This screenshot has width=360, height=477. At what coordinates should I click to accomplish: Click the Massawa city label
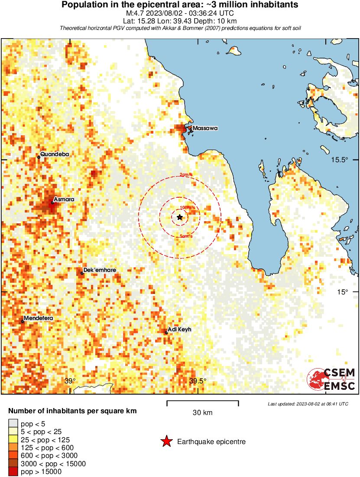click(x=205, y=128)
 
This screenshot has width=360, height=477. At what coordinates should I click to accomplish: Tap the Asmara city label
click(x=64, y=199)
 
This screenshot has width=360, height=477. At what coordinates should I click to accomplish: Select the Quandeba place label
click(x=55, y=154)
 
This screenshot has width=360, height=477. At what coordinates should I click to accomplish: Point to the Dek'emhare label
click(x=100, y=270)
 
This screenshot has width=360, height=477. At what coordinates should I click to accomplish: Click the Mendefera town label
click(x=38, y=318)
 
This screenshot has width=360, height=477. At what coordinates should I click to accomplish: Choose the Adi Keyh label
click(x=179, y=330)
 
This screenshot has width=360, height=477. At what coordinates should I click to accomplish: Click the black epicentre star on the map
click(x=179, y=217)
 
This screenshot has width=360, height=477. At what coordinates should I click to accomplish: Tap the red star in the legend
click(x=166, y=442)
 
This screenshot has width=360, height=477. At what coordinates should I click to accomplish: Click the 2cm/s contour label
click(x=186, y=175)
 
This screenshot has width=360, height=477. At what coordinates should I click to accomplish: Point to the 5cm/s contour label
click(x=186, y=236)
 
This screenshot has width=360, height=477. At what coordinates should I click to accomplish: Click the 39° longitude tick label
click(x=70, y=381)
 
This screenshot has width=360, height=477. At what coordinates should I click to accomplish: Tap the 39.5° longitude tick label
click(x=198, y=381)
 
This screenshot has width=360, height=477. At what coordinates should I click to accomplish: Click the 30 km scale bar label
click(x=202, y=413)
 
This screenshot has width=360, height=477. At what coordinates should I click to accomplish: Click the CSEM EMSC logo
click(x=331, y=379)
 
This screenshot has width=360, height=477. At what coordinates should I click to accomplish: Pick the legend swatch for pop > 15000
click(x=13, y=472)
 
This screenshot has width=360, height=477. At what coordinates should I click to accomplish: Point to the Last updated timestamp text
click(x=308, y=404)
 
